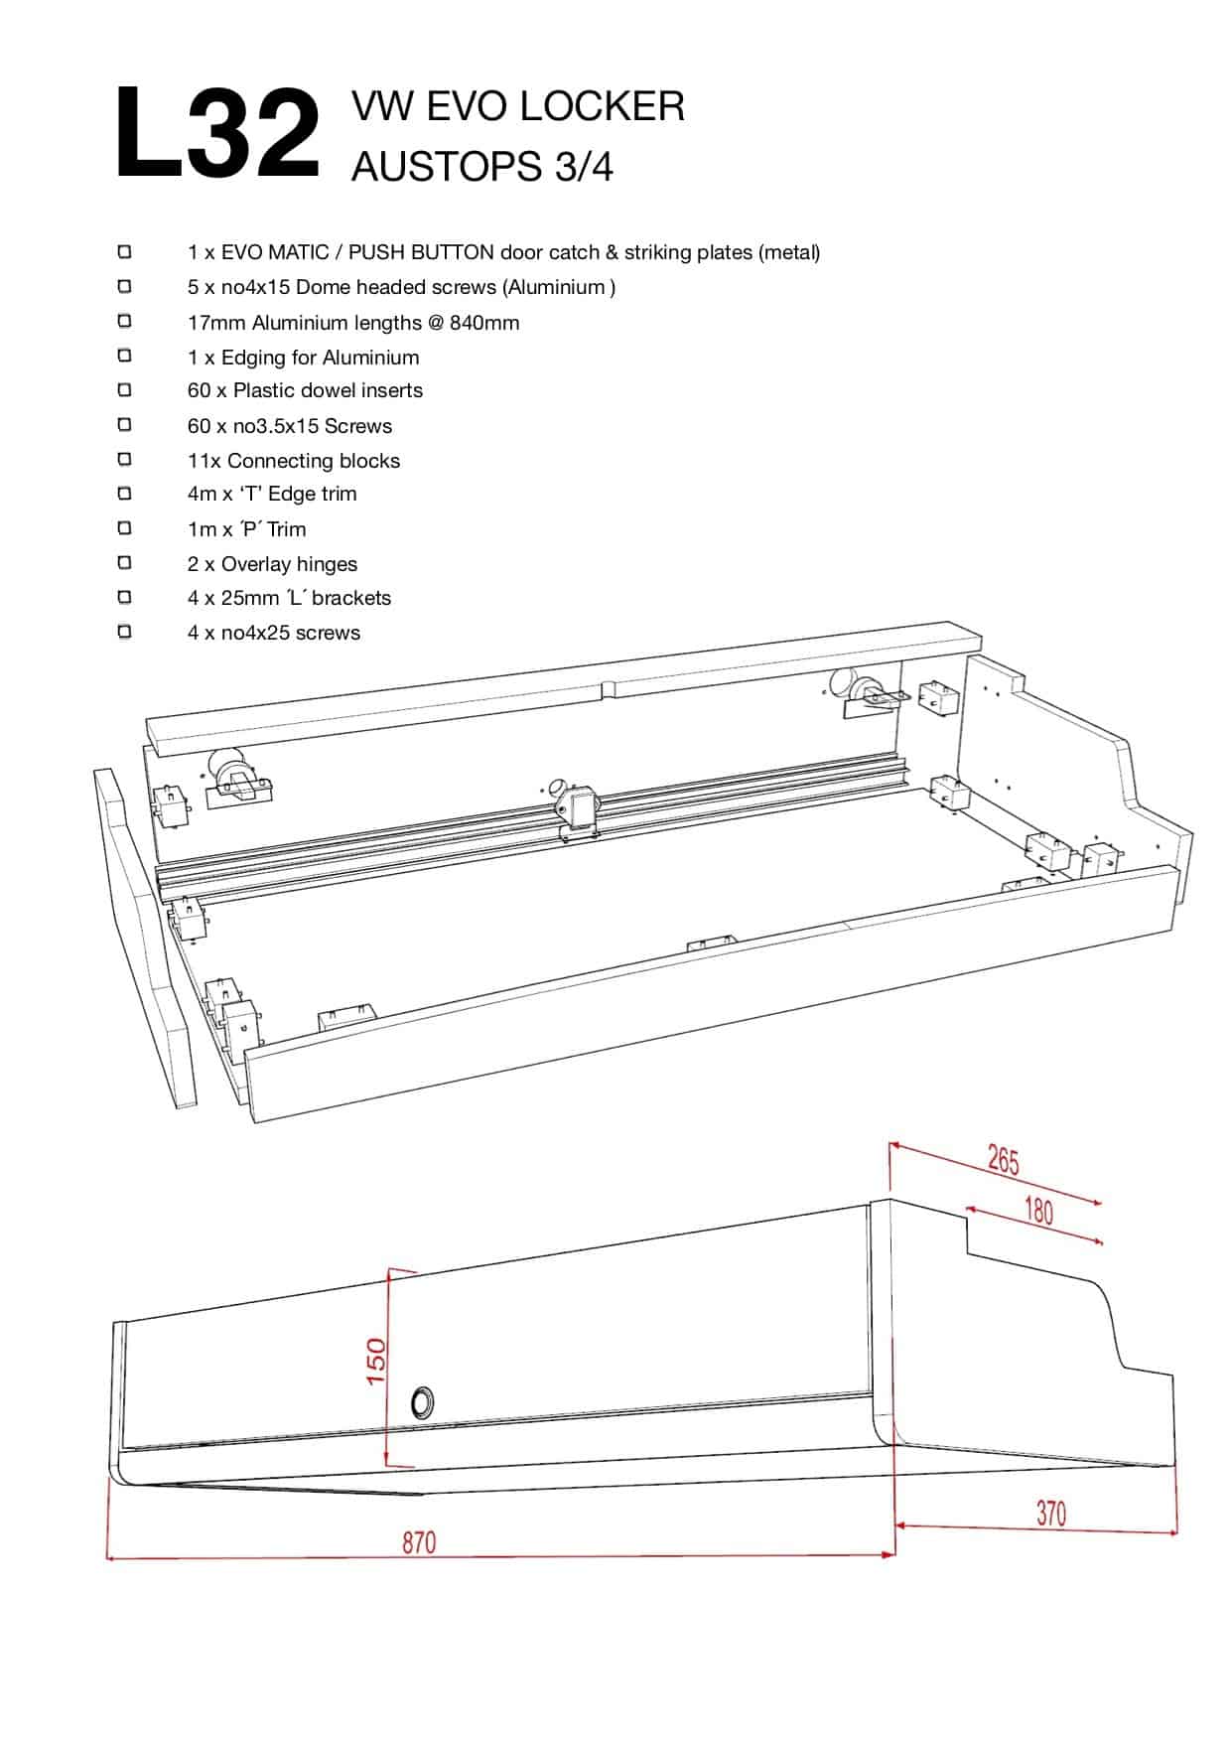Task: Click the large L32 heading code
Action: point(216,133)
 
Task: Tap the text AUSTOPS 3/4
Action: point(481,167)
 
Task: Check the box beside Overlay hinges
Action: point(124,563)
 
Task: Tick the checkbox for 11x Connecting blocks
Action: point(124,459)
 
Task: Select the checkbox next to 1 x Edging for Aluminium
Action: point(124,356)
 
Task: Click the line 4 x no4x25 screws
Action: point(273,633)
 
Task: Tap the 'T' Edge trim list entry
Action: point(271,494)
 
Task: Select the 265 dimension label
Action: point(1004,1160)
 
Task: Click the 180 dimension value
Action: point(1037,1211)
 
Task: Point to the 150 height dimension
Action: point(376,1362)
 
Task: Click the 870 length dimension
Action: point(419,1542)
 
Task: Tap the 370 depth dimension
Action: point(1050,1513)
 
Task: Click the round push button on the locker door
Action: point(422,1402)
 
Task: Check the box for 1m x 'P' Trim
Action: point(124,528)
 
